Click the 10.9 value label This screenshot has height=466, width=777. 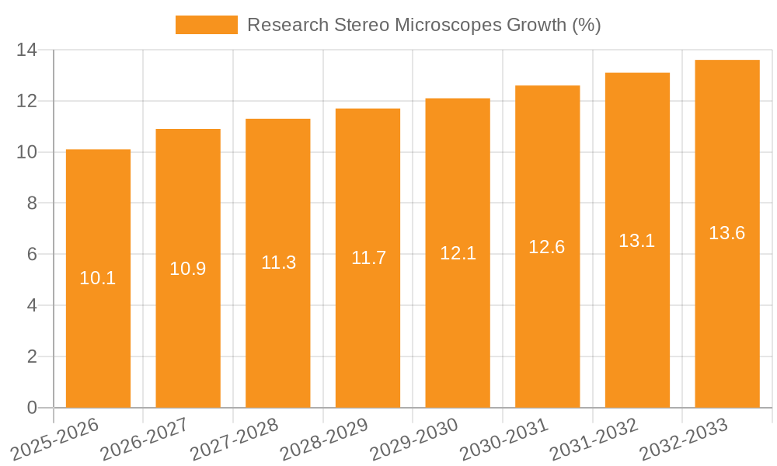188,269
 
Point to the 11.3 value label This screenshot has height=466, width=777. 278,263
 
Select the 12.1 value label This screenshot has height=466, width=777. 458,253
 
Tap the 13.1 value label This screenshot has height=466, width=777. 637,241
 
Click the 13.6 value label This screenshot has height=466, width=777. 727,233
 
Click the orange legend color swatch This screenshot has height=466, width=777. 207,25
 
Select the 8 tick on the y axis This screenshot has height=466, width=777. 32,203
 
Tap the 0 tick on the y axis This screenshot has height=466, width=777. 32,408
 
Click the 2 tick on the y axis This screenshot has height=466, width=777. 32,356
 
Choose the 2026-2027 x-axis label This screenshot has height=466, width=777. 145,439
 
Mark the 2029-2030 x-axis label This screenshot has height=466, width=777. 414,439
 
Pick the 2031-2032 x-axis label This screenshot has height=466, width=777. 594,439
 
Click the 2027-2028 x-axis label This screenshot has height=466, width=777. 235,439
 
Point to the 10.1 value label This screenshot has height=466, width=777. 98,278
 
